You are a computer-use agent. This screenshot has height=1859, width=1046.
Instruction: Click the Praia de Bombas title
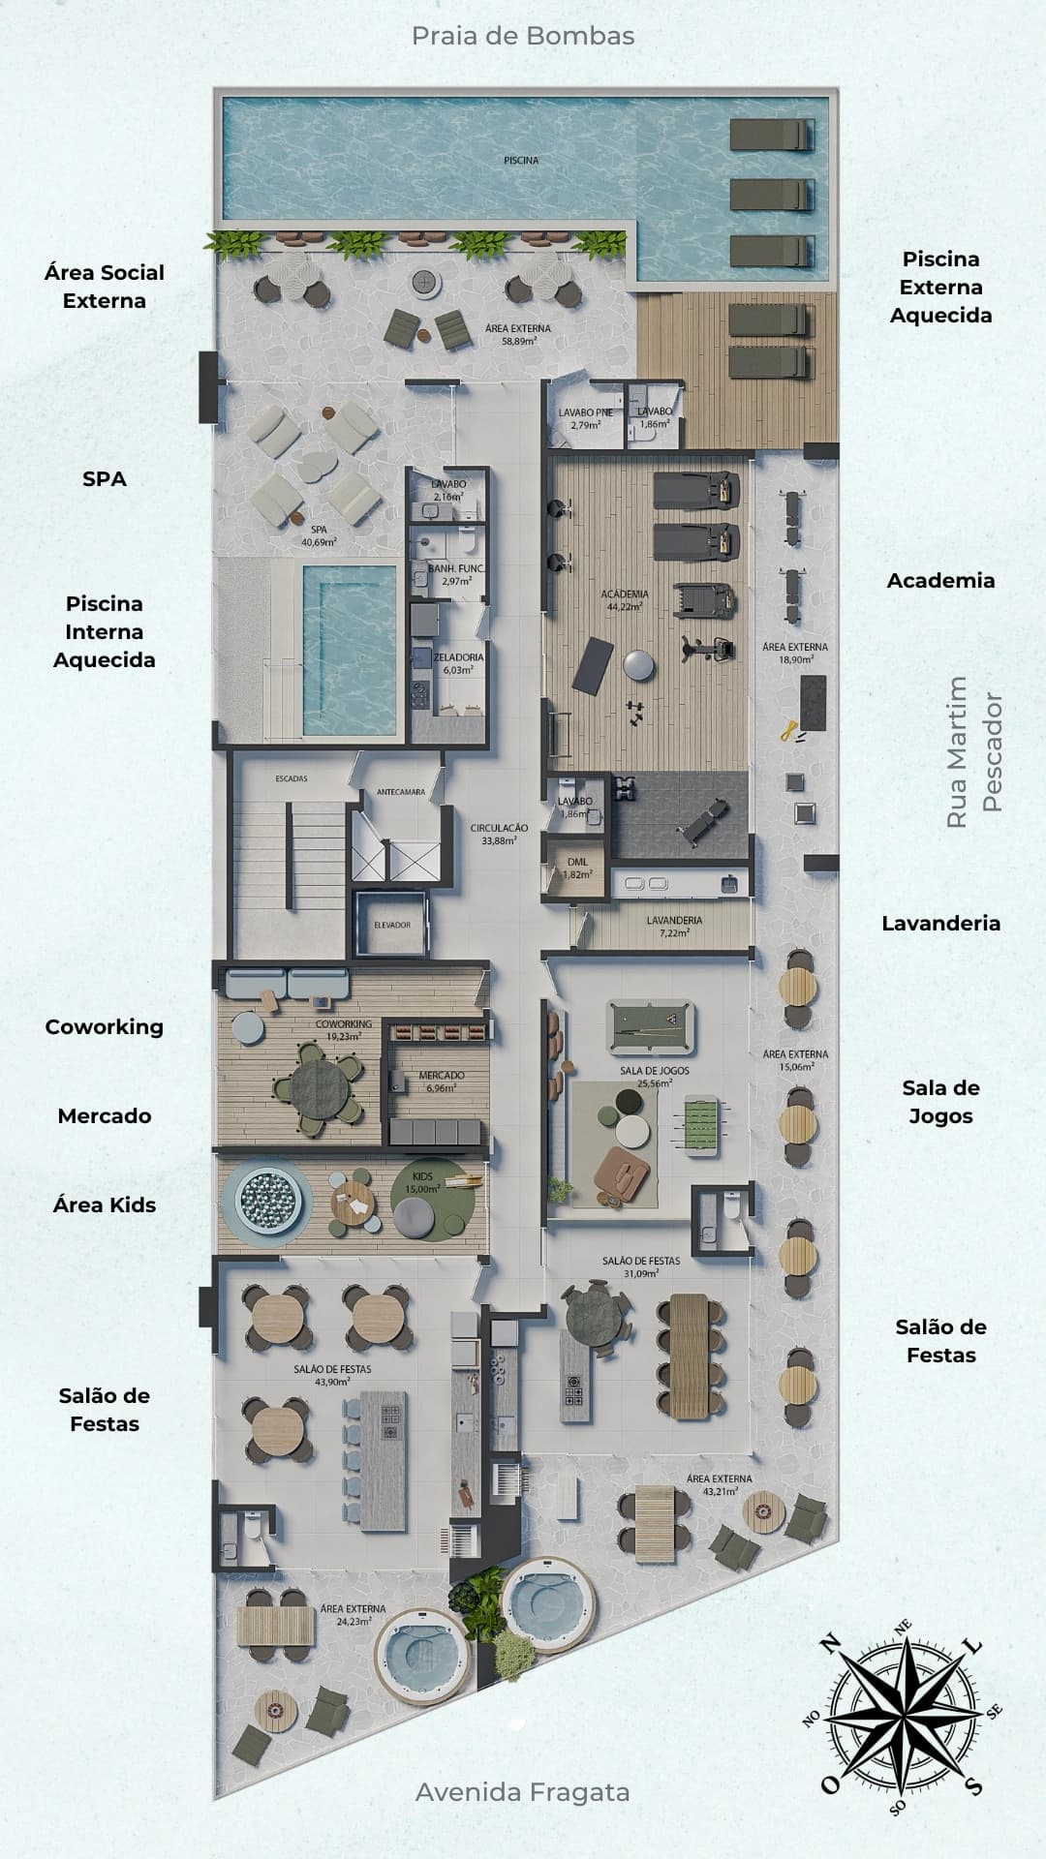[x=523, y=36]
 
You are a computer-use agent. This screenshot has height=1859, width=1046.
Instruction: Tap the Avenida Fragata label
[x=523, y=1792]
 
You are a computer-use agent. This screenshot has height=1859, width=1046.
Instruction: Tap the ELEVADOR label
[x=392, y=925]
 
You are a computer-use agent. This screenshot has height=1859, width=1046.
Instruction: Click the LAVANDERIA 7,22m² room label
[x=674, y=927]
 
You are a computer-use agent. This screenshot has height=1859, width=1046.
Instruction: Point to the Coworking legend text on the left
[x=104, y=1027]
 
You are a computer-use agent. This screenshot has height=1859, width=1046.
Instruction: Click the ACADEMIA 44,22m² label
[x=625, y=600]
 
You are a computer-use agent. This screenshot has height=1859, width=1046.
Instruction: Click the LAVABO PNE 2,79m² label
[x=585, y=418]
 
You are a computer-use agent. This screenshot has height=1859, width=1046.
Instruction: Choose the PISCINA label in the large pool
[x=521, y=160]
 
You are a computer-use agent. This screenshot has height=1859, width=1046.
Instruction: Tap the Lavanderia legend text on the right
[x=940, y=924]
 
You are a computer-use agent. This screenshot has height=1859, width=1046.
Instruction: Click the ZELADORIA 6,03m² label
[x=458, y=663]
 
